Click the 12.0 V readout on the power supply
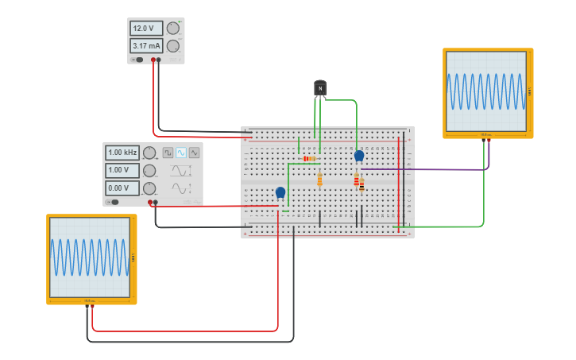point(146,29)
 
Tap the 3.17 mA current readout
point(146,46)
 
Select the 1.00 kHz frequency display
point(122,153)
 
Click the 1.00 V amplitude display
point(122,170)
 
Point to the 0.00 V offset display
point(122,188)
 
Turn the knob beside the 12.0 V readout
point(173,29)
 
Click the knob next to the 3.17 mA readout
point(173,46)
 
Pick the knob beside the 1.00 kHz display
point(149,153)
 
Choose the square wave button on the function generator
point(168,153)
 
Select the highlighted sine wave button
point(181,153)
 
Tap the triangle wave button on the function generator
point(194,153)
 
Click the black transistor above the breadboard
point(320,87)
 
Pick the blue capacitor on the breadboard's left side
point(280,192)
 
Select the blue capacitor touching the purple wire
point(359,156)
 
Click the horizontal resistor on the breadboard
point(310,159)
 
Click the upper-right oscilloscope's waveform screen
point(486,91)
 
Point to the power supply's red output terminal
point(153,60)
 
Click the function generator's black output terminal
point(155,203)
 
